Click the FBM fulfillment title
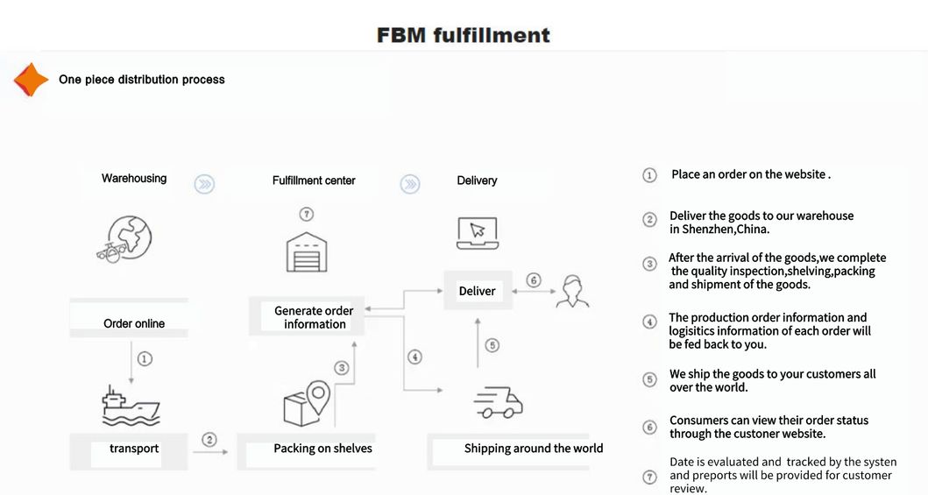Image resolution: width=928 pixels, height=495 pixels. point(463,35)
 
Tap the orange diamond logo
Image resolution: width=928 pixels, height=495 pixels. point(31,80)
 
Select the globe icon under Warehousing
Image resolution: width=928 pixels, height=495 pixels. point(128,238)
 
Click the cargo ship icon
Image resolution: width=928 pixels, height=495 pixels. point(131,405)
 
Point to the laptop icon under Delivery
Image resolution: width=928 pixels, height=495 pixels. point(477,233)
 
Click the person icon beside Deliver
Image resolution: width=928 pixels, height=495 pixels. point(572,291)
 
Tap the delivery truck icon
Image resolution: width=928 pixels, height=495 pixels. point(498,402)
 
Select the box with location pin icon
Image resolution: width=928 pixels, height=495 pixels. point(306,404)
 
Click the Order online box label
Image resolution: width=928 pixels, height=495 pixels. point(134,323)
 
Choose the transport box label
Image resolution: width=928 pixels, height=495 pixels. point(134,449)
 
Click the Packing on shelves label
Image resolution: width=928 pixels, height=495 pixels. point(322,449)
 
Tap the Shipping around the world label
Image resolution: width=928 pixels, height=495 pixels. point(533,449)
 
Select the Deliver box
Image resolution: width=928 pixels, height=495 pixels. point(477,291)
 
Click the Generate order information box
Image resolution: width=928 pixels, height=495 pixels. point(314,317)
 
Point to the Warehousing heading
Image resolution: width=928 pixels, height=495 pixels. point(134,179)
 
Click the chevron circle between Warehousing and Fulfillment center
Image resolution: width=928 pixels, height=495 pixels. point(204,184)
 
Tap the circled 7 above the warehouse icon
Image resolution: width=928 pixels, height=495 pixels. point(306,215)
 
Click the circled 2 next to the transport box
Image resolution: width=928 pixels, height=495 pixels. point(209,439)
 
